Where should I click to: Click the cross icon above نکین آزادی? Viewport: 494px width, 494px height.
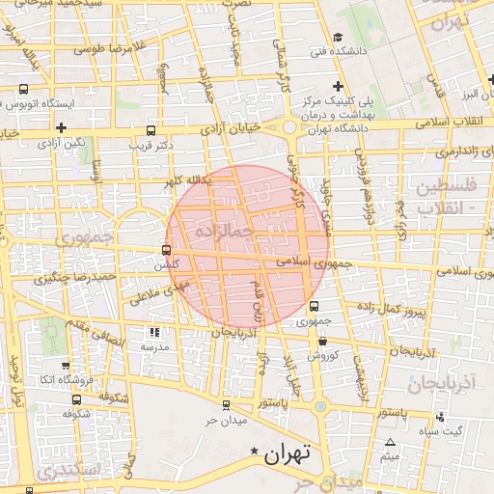(x=61, y=126)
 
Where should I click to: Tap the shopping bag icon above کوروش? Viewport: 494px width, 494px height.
(x=321, y=341)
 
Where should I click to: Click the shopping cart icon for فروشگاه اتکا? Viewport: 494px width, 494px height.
(x=65, y=366)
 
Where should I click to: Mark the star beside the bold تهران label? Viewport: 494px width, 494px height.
(x=254, y=452)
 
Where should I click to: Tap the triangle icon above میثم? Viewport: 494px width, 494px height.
(x=391, y=443)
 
